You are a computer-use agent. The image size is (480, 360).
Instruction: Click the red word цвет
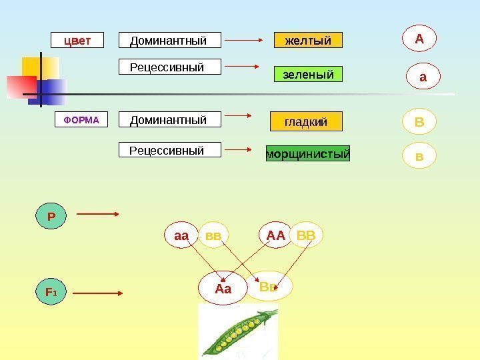coord(77,41)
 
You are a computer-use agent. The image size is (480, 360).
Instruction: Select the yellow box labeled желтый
coord(308,41)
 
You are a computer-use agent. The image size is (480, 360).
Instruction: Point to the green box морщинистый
coord(308,154)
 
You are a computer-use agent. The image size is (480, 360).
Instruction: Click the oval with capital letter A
coord(419,39)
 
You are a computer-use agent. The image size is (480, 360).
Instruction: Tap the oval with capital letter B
coord(419,123)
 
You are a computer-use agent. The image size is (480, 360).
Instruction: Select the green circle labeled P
coord(51,217)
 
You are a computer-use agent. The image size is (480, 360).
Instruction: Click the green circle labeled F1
coord(51,292)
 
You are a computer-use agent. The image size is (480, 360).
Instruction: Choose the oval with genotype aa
coord(182,235)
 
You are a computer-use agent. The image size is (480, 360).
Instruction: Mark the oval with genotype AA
coord(276,235)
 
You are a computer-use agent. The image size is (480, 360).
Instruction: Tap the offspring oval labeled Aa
coord(223,289)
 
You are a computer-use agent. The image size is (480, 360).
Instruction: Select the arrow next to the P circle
coord(97,214)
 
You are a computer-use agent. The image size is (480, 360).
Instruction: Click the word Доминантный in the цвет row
coord(169,41)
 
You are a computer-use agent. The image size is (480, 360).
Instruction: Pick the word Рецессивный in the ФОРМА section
coord(167,151)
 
